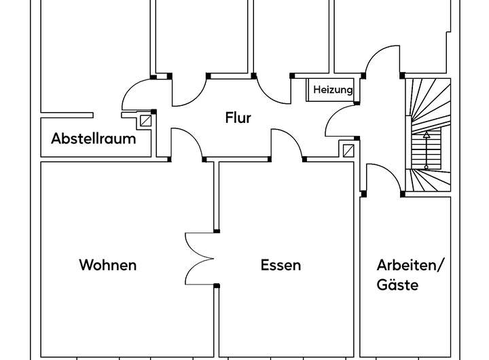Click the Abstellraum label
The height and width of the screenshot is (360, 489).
pyautogui.click(x=94, y=139)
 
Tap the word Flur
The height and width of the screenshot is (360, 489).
pyautogui.click(x=238, y=118)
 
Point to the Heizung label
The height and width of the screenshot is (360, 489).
pyautogui.click(x=333, y=90)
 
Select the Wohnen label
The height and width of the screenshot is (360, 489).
pyautogui.click(x=107, y=265)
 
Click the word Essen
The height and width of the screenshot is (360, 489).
pyautogui.click(x=280, y=265)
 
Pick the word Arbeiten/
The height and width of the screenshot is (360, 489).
pyautogui.click(x=410, y=265)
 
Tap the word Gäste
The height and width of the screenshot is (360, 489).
pyautogui.click(x=397, y=285)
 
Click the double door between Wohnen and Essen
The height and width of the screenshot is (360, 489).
pyautogui.click(x=201, y=258)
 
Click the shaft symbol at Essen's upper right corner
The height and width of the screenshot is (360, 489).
pyautogui.click(x=348, y=151)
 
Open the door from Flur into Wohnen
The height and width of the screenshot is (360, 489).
pyautogui.click(x=185, y=145)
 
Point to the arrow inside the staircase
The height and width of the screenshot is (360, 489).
pyautogui.click(x=427, y=149)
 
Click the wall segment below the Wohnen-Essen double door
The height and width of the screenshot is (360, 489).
pyautogui.click(x=217, y=319)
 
